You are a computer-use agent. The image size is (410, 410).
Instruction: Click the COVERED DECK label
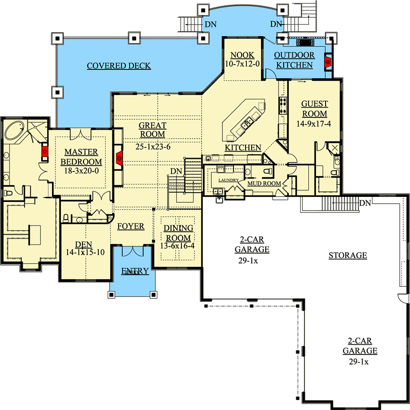(x=119, y=66)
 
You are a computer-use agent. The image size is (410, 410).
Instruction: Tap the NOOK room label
(x=243, y=55)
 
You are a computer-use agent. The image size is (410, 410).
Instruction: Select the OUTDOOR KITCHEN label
(x=294, y=60)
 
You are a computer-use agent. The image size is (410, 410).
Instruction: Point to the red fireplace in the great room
(x=119, y=158)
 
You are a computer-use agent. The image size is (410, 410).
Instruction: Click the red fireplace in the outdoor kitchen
(x=328, y=62)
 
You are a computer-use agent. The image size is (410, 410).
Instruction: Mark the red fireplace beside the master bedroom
(x=45, y=151)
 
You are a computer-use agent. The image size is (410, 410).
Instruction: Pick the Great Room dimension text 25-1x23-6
(x=153, y=147)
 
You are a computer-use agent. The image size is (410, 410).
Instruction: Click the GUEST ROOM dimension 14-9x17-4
(x=314, y=124)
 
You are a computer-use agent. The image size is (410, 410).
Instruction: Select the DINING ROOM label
(x=178, y=233)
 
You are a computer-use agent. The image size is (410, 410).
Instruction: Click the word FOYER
(x=131, y=226)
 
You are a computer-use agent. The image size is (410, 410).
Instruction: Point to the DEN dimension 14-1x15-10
(x=85, y=252)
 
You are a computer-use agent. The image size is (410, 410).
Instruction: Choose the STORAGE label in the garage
(x=348, y=255)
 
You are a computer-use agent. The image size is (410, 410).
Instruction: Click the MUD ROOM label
(x=264, y=184)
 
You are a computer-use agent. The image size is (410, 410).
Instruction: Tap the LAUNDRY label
(x=229, y=180)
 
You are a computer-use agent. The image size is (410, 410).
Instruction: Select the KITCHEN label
(x=243, y=148)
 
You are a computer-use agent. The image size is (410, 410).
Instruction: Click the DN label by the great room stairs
(x=176, y=171)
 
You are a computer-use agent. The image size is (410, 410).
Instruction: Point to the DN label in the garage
(x=365, y=203)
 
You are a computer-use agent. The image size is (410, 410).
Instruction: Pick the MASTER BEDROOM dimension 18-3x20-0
(x=82, y=170)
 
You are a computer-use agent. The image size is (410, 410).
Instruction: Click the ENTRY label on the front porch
(x=135, y=271)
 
